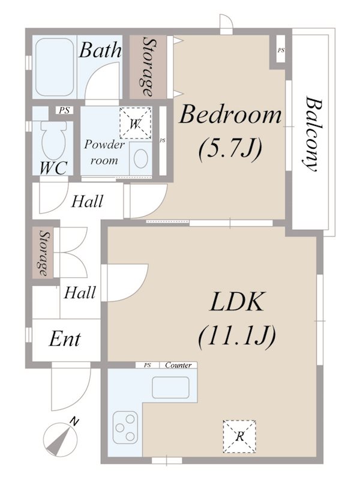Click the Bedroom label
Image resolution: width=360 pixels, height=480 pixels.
(x=230, y=114)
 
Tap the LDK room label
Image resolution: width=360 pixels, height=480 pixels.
(x=236, y=302)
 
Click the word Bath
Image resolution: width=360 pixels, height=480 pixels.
(x=100, y=50)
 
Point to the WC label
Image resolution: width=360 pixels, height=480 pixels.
(x=53, y=167)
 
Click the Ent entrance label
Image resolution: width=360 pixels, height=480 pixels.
(x=65, y=340)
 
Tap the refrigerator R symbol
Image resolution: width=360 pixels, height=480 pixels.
(x=239, y=436)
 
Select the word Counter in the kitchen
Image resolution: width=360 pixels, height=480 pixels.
(x=178, y=365)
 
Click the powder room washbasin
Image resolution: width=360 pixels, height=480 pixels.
(x=141, y=160)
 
